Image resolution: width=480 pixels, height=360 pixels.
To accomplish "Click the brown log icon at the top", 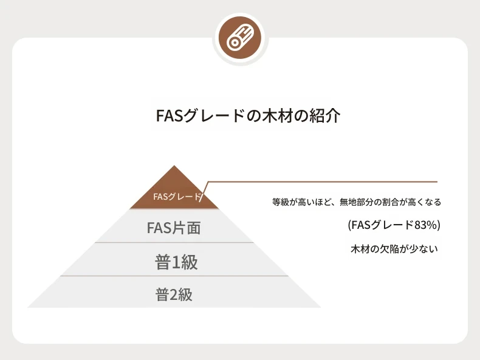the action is pyautogui.click(x=240, y=37).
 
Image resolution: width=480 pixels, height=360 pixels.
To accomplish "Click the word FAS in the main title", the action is pyautogui.click(x=170, y=116).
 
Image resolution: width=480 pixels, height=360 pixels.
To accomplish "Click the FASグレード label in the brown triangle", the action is pyautogui.click(x=177, y=196).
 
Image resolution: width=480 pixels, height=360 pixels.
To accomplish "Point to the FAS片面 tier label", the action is pyautogui.click(x=174, y=228).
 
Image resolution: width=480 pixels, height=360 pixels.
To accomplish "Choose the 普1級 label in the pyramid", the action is pyautogui.click(x=176, y=262).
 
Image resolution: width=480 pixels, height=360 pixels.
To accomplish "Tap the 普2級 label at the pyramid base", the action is pyautogui.click(x=174, y=295).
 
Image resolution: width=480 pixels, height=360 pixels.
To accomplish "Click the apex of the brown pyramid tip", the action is pyautogui.click(x=174, y=166).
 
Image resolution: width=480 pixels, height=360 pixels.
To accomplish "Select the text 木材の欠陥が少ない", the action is pyautogui.click(x=394, y=249).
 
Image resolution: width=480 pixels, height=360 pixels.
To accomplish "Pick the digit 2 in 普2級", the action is pyautogui.click(x=173, y=295).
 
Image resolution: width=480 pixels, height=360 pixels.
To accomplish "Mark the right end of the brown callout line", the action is pyautogui.click(x=437, y=182).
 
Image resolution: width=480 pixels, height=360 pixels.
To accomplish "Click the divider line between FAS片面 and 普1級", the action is pyautogui.click(x=174, y=243).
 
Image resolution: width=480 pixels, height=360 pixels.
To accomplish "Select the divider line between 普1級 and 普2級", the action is pyautogui.click(x=174, y=276).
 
